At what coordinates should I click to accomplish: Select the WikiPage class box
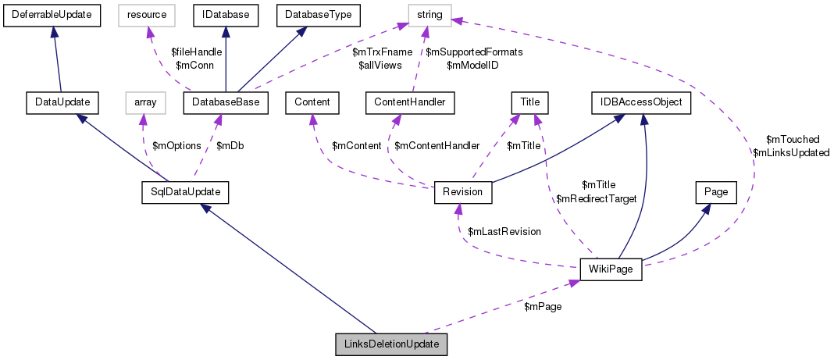(611, 269)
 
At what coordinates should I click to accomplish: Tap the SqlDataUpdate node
(178, 192)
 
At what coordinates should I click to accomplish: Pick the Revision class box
(462, 192)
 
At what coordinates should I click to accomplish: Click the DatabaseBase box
(226, 102)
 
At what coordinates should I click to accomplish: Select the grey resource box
(148, 14)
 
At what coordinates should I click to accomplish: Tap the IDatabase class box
(225, 14)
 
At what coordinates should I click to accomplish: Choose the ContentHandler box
(405, 102)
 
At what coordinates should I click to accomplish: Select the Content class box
(312, 102)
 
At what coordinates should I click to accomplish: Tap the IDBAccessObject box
(641, 102)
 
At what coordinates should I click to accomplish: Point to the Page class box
(716, 192)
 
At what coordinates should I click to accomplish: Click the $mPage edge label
(542, 307)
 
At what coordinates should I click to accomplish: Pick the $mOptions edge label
(171, 146)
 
